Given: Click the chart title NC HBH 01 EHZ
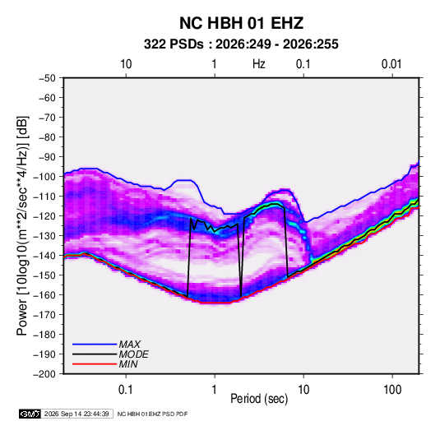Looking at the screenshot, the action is pyautogui.click(x=241, y=23).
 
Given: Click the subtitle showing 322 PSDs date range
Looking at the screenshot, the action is pyautogui.click(x=241, y=44).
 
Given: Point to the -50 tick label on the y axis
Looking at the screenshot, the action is pyautogui.click(x=47, y=78).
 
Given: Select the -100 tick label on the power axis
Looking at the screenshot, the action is pyautogui.click(x=44, y=177).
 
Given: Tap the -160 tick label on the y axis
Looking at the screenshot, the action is pyautogui.click(x=44, y=295).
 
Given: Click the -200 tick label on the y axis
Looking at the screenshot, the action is pyautogui.click(x=44, y=374).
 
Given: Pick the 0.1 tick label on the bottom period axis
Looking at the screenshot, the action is pyautogui.click(x=126, y=389).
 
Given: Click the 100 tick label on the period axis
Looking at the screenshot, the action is pyautogui.click(x=392, y=389).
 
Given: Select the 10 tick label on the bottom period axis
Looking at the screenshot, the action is pyautogui.click(x=303, y=389).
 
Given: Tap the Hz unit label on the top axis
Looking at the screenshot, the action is pyautogui.click(x=259, y=64).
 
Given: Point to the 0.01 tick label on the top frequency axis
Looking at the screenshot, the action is pyautogui.click(x=391, y=64).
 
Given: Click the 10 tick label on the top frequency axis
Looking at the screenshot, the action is pyautogui.click(x=126, y=64).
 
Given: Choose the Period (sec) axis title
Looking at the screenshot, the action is pyautogui.click(x=259, y=399).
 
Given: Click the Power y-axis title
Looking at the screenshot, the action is pyautogui.click(x=22, y=226).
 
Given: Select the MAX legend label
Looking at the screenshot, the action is pyautogui.click(x=129, y=345).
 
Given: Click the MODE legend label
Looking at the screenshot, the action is pyautogui.click(x=133, y=354).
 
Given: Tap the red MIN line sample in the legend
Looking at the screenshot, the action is pyautogui.click(x=95, y=364).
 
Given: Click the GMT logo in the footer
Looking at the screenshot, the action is pyautogui.click(x=30, y=414).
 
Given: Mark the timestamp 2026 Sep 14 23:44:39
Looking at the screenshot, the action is pyautogui.click(x=76, y=414).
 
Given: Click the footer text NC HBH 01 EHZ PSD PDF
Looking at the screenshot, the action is pyautogui.click(x=152, y=414).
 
